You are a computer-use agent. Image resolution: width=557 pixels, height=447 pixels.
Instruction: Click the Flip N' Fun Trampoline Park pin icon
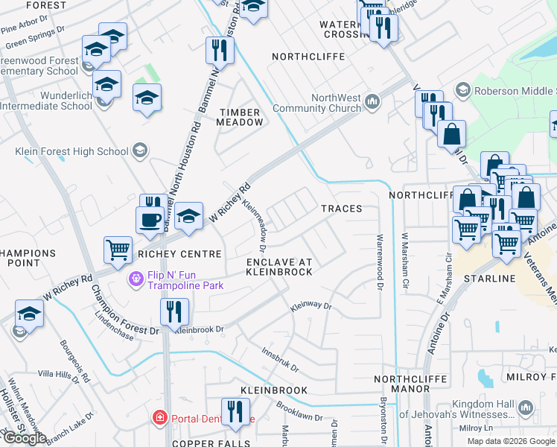[136, 279]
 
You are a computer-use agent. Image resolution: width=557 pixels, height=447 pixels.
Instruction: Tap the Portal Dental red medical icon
[159, 417]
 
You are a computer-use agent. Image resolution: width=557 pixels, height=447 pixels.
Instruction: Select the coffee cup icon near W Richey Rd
[150, 219]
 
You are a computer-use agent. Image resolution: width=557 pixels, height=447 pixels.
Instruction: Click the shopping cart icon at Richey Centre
[118, 250]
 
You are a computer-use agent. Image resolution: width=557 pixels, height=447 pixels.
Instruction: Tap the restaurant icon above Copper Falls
[235, 411]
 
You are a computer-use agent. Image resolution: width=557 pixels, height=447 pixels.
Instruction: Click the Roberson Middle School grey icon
[463, 90]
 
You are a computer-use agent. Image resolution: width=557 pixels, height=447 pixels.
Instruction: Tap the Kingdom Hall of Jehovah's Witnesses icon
[526, 408]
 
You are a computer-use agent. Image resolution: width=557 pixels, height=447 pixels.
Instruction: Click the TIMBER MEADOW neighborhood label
[240, 117]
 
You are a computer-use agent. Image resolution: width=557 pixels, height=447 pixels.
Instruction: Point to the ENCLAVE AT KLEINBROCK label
[279, 267]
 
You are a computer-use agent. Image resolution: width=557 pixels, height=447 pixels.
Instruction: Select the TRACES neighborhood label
[341, 209]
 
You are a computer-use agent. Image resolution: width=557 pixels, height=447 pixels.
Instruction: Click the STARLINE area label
[489, 279]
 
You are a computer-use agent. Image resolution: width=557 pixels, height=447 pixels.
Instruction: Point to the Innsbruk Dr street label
[280, 358]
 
